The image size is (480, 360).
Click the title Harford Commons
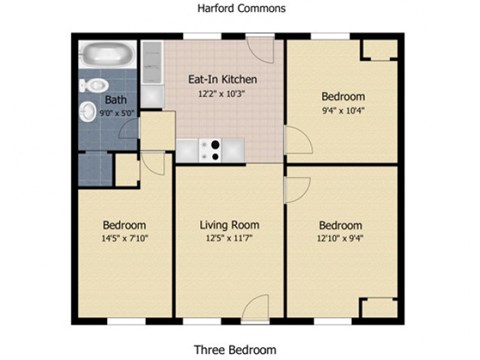click(239, 8)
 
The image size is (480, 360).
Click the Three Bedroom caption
click(239, 350)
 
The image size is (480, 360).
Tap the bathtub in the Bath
click(104, 56)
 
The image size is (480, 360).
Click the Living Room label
click(230, 225)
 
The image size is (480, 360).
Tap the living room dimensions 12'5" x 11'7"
click(230, 239)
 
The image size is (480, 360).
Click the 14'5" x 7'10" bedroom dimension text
click(125, 239)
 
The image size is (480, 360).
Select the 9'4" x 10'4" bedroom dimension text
click(342, 111)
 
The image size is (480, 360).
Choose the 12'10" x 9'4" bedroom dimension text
click(341, 239)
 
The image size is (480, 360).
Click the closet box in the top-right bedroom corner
click(378, 51)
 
